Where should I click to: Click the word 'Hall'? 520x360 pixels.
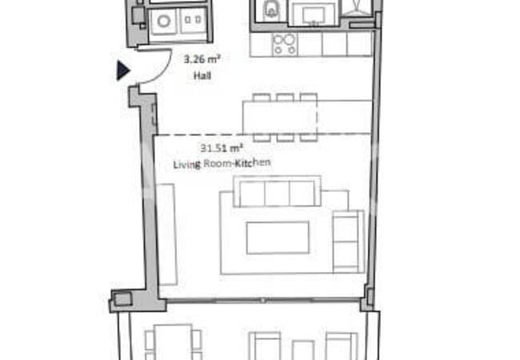pyautogui.click(x=201, y=77)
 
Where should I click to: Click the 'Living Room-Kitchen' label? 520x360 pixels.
pyautogui.click(x=222, y=163)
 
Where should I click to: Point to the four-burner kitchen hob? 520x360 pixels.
pyautogui.click(x=285, y=44)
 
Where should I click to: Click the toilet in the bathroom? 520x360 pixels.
pyautogui.click(x=270, y=10)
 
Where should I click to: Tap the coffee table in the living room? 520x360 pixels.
pyautogui.click(x=277, y=238)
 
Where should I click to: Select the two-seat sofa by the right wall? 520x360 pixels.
pyautogui.click(x=347, y=239)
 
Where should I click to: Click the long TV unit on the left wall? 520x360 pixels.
pyautogui.click(x=166, y=233)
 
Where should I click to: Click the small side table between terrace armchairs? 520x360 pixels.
pyautogui.click(x=302, y=350)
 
